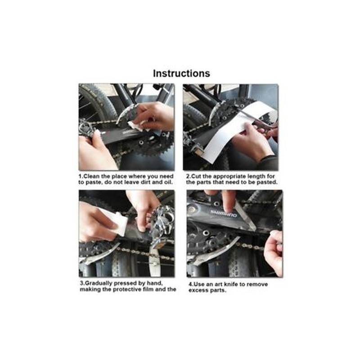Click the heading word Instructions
181,74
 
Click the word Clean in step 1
91,176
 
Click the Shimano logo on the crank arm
223,214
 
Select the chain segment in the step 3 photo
144,253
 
